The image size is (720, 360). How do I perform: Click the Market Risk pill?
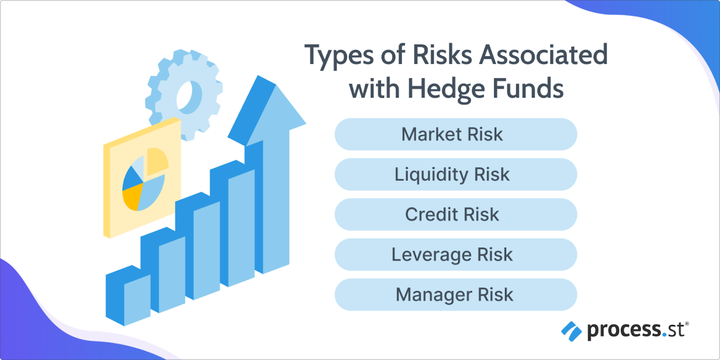coord(455,135)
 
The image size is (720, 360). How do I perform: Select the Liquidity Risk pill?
coord(455,174)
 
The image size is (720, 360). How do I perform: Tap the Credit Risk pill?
coord(455,215)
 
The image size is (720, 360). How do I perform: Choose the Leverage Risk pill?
coord(455,255)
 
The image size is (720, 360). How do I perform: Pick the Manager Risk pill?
coord(455,295)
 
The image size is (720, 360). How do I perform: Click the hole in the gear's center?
coord(188,98)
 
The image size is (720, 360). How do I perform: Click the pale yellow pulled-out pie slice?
coord(157,162)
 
